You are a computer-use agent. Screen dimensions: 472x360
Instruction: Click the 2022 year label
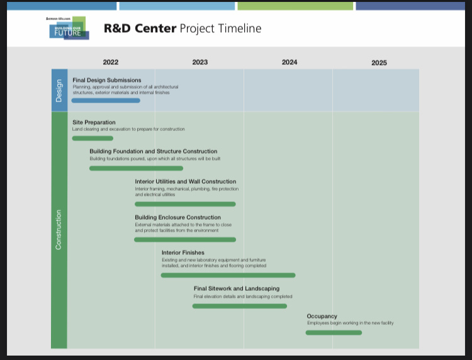coord(111,62)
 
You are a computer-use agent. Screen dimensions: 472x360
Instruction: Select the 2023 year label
coord(200,62)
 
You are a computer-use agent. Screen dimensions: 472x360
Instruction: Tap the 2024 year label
coord(289,62)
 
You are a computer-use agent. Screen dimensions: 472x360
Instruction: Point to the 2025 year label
coord(379,62)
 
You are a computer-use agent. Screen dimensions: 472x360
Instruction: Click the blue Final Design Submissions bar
coord(106,101)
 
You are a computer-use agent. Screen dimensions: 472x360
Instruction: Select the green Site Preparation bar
coord(93,138)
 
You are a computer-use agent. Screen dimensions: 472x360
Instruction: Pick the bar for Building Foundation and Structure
coord(136,168)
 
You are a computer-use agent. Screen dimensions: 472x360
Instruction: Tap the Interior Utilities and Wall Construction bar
coord(185,204)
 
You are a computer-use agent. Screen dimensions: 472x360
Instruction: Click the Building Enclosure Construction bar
coord(185,240)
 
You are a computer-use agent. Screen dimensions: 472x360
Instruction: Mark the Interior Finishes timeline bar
coord(228,275)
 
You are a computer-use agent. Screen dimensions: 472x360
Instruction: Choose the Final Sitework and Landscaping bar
coord(240,306)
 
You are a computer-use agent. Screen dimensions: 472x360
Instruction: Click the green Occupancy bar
coord(334,332)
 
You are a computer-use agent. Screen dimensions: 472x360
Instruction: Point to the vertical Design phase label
coord(59,91)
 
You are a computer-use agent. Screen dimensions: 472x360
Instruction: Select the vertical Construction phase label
coord(59,230)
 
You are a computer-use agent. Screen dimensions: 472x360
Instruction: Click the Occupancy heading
coord(322,317)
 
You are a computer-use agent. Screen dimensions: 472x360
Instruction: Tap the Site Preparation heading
coord(94,122)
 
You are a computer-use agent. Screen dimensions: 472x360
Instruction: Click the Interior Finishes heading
coord(183,252)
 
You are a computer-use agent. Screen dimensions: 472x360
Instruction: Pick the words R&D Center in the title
coord(140,28)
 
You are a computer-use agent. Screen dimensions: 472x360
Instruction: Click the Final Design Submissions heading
coord(107,80)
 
